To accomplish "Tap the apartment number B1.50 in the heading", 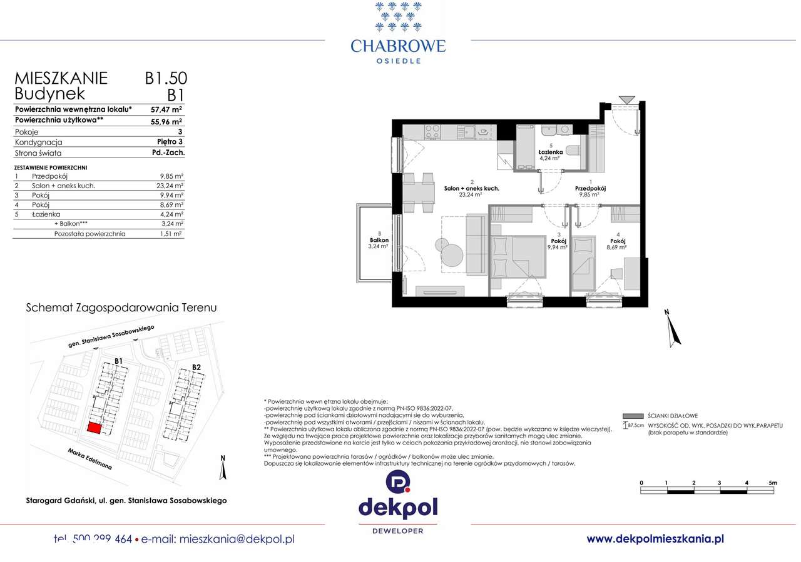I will point(166,78).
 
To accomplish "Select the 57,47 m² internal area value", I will point(166,109).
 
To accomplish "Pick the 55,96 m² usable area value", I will point(166,121).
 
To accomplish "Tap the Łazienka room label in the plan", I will point(551,152).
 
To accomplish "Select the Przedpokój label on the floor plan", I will point(590,188).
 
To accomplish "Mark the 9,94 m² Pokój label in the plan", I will point(558,241).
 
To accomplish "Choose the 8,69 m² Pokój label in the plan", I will point(617,241).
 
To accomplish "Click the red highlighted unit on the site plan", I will point(93,428).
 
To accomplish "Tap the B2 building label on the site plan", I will point(196,366).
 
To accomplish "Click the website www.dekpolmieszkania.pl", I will point(655,538).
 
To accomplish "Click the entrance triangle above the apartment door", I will point(626,100).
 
